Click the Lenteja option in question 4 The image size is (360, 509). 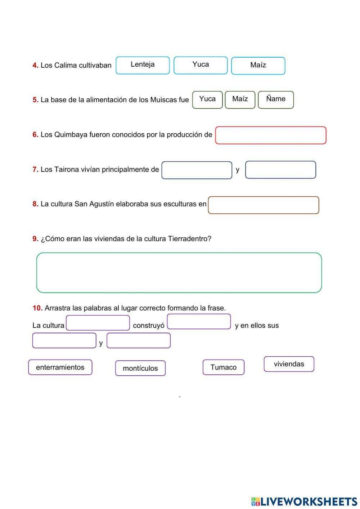[143, 65]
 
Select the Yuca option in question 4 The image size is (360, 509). [201, 65]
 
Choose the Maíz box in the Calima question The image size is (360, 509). [258, 66]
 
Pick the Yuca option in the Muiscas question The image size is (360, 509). [207, 99]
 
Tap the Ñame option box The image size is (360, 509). [276, 99]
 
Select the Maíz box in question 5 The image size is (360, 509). [240, 99]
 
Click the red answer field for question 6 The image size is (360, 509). [271, 135]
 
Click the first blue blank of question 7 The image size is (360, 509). [197, 170]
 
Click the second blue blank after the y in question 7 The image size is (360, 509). [280, 170]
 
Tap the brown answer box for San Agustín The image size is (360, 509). [264, 205]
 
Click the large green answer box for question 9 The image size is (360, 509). [179, 273]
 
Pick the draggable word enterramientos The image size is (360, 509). [60, 367]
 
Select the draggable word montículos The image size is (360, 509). [140, 368]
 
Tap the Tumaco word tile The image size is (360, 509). [224, 367]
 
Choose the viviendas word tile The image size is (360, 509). [289, 364]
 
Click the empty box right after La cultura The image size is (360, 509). [98, 323]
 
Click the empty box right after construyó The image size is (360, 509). [199, 321]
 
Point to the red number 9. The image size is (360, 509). [35, 238]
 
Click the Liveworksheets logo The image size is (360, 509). [304, 501]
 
